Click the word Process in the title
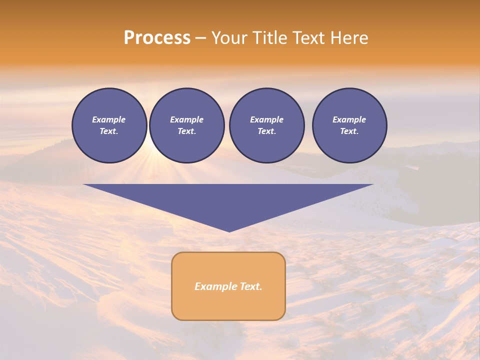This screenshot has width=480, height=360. click(157, 38)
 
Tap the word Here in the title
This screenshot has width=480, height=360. click(348, 38)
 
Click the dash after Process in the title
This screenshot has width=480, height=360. click(200, 38)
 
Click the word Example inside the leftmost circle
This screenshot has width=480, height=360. click(109, 119)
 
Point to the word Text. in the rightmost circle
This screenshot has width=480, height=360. click(349, 131)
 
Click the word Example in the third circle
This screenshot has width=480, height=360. click(267, 119)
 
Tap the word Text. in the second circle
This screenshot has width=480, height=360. click(187, 131)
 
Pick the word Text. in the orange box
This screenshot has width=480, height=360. click(251, 286)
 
